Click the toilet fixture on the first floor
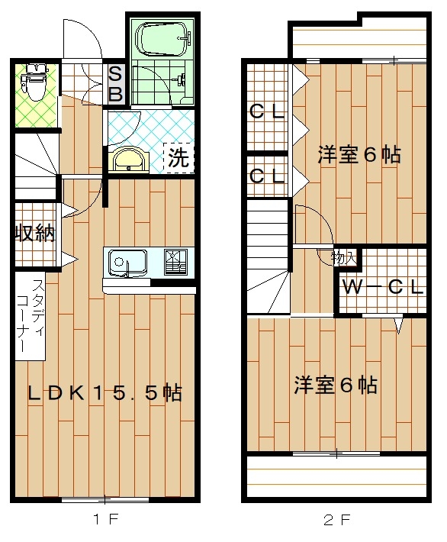click(33, 81)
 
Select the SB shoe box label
click(115, 84)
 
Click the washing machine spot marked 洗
click(178, 158)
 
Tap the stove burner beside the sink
click(175, 262)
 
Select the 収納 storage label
click(34, 234)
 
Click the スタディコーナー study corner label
click(30, 315)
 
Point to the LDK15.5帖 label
click(105, 393)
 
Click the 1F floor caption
click(106, 518)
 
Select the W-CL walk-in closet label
click(383, 286)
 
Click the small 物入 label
click(343, 258)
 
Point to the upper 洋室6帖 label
click(359, 154)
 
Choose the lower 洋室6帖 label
click(336, 385)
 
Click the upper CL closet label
click(267, 111)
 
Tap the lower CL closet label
click(267, 176)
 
